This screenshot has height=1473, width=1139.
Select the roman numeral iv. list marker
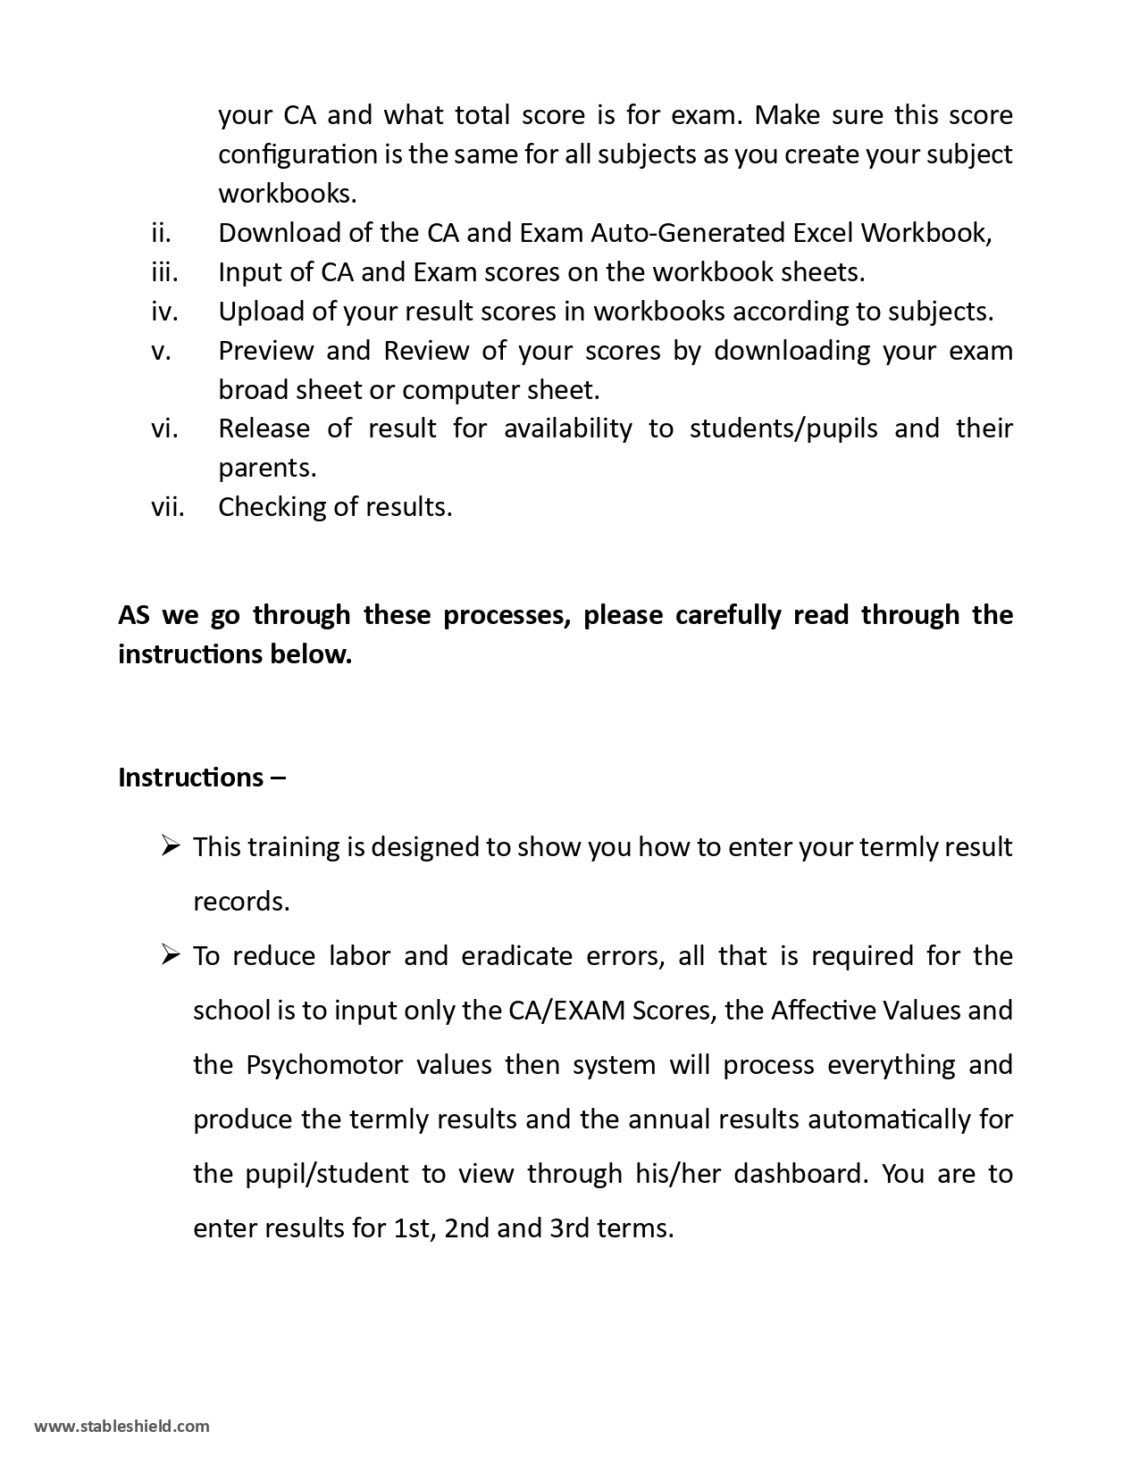[x=164, y=312]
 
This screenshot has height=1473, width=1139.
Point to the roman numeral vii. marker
[x=167, y=507]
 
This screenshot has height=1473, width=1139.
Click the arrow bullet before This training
[x=172, y=845]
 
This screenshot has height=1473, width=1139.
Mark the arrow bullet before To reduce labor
[x=172, y=955]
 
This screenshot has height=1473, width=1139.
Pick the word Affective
[x=822, y=1011]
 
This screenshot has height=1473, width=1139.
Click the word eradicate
[x=516, y=956]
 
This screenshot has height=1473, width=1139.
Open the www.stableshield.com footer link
[x=121, y=1426]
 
